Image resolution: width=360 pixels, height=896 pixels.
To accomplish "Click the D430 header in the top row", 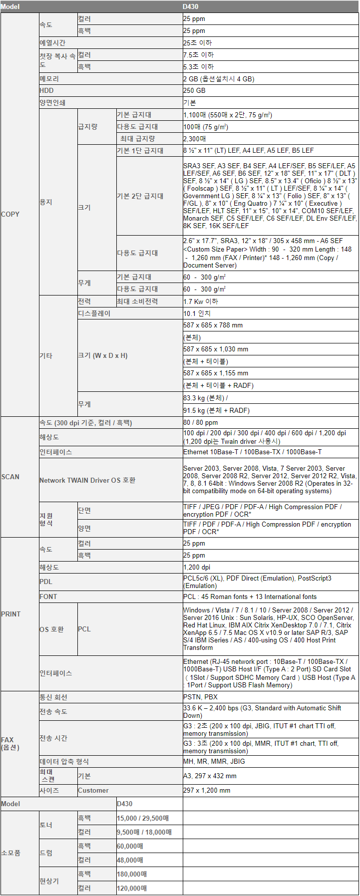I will point(191,6).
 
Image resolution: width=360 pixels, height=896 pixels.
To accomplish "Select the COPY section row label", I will point(10,214).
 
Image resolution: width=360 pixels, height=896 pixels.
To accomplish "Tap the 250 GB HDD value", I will point(194,90).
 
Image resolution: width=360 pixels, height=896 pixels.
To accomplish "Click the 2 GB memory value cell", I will point(219,79).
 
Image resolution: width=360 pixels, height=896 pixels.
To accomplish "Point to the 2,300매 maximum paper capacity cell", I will point(195,139).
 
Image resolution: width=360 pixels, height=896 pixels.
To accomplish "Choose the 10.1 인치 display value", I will point(197,313).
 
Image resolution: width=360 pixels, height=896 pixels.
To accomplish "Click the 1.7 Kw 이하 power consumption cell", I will point(201,301).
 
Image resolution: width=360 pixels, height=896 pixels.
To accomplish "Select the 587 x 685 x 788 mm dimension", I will point(213,325).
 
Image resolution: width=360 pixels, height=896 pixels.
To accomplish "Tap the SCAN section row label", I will point(10,477).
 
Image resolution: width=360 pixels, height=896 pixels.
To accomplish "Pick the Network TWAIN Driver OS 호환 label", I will point(87,480).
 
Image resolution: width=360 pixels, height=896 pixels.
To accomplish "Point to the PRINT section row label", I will point(11,614).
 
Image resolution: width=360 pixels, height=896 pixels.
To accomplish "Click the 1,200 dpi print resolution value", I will point(197,567).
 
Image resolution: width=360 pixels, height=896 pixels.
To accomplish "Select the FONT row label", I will point(48,597).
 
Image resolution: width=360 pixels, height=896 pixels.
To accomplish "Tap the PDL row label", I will point(46,582).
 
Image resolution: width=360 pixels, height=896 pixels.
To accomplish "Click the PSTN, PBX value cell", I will point(200,697).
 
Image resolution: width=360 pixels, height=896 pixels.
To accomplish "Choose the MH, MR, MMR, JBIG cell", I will point(214,761).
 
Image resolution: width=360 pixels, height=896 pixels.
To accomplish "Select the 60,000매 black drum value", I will point(130,846).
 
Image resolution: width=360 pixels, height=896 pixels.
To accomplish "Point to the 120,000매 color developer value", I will point(132,888).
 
